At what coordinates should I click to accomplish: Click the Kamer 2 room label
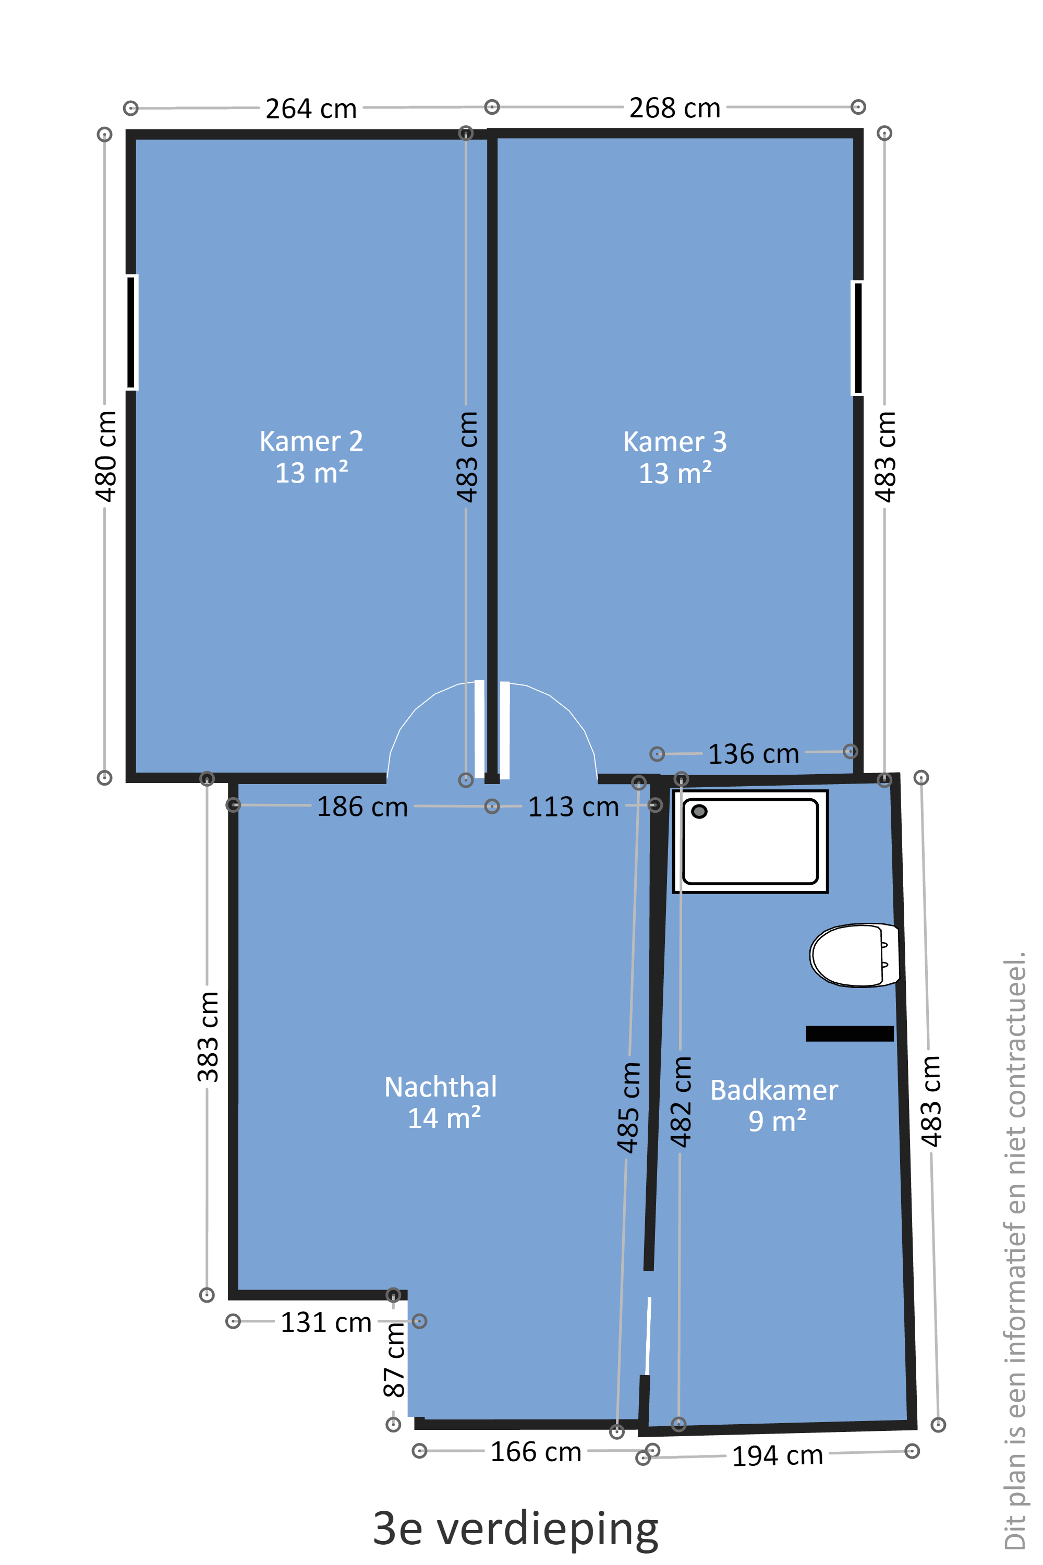coord(311,457)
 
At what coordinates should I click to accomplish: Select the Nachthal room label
coord(441,1103)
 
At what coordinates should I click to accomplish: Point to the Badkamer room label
coord(774,1105)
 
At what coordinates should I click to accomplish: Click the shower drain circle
coord(699,811)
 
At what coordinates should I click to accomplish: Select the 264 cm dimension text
coord(311,109)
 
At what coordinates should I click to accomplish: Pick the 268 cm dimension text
coord(675,108)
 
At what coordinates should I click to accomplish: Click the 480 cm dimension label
coord(106,456)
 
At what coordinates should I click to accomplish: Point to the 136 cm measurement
coord(754,754)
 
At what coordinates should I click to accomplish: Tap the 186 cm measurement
coord(362,806)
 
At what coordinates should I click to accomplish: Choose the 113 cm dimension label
coord(573,806)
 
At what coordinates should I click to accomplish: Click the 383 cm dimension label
coord(208,1037)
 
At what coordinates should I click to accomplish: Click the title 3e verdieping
coord(516,1530)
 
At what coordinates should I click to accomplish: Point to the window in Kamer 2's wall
coord(132,332)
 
